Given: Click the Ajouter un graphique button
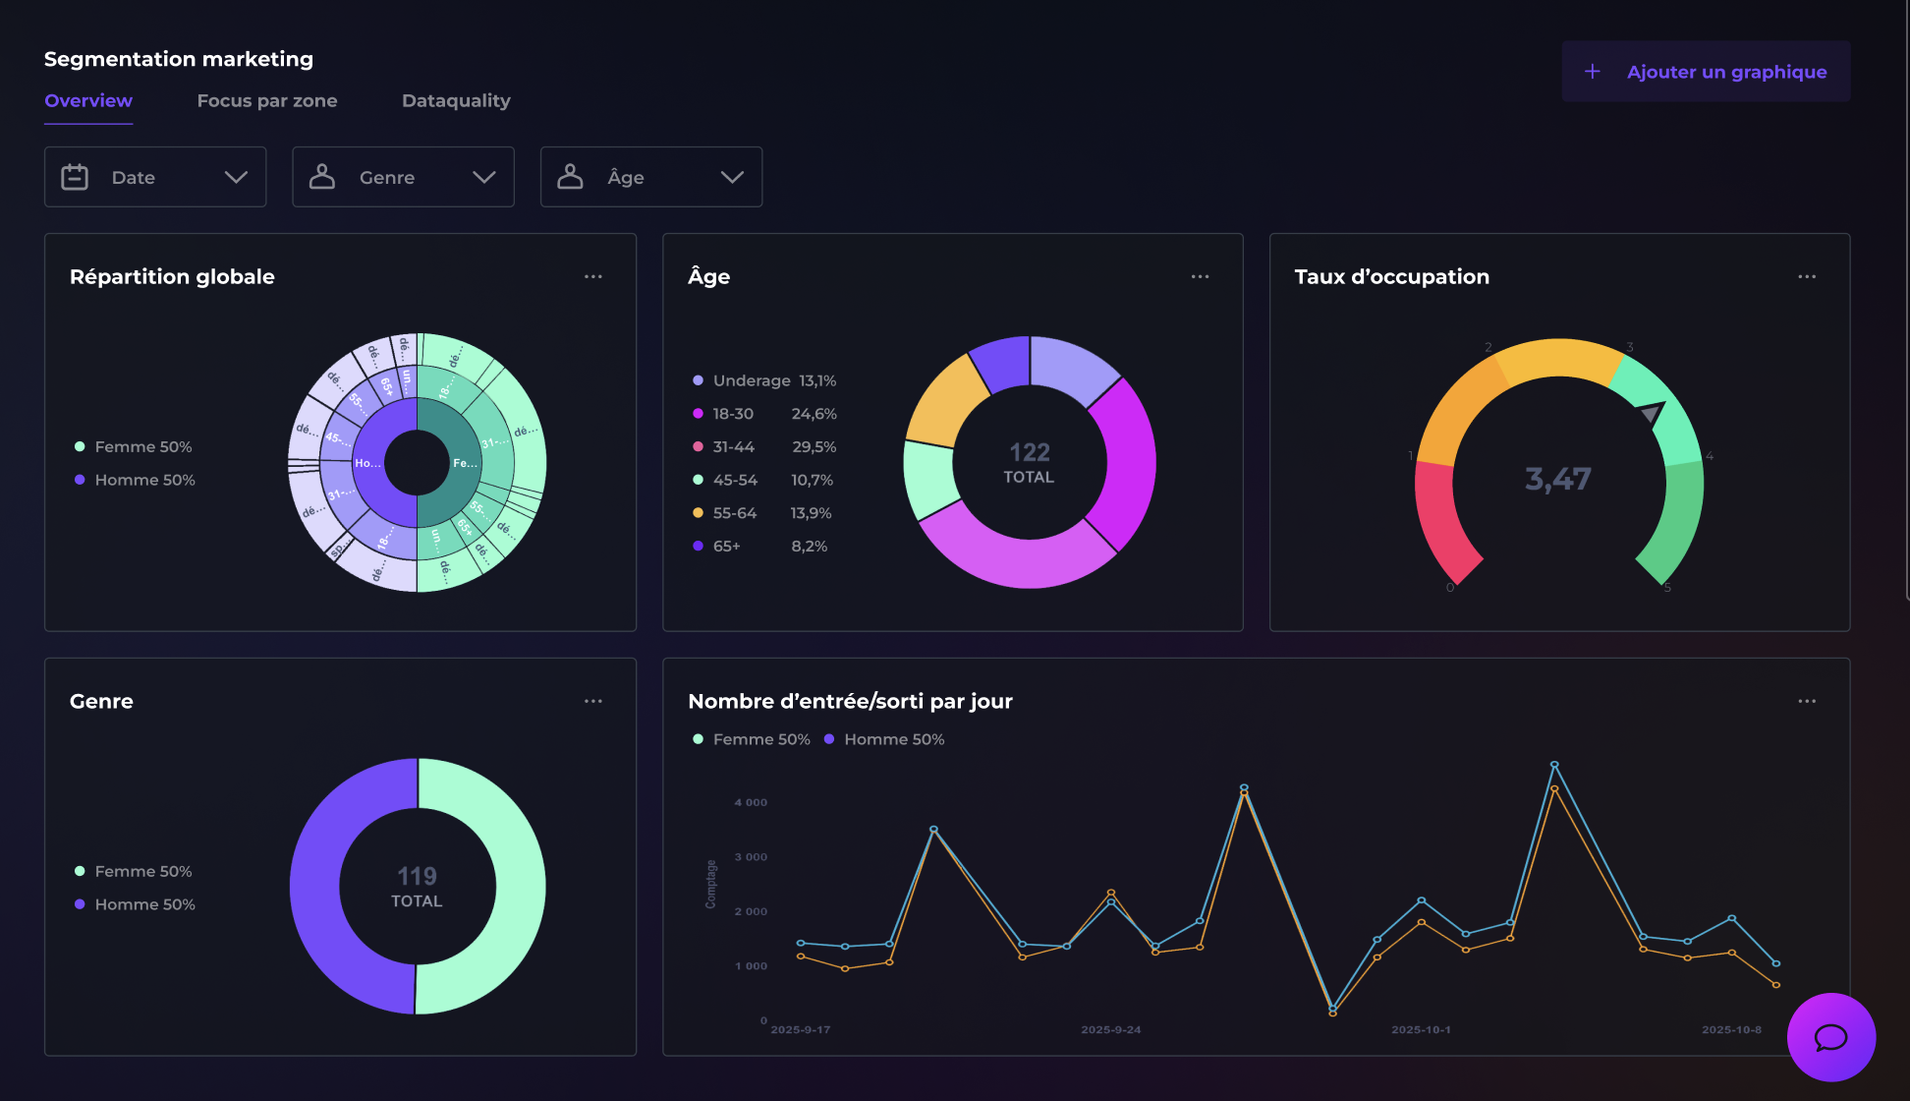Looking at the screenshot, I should [1706, 72].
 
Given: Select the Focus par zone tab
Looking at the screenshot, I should [266, 100].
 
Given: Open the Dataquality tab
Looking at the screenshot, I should [456, 100].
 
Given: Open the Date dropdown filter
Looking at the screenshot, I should [155, 177].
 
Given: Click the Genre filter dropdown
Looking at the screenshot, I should [403, 177].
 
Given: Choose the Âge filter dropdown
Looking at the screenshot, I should [650, 177].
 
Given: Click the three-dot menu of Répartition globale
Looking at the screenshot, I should [593, 277].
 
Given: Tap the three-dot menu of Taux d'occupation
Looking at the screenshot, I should [1806, 277].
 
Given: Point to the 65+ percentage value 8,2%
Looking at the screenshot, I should [809, 546].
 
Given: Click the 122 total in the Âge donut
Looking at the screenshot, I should [1029, 452].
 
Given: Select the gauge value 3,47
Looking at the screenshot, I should [1557, 479].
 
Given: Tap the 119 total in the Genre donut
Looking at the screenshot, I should [417, 876].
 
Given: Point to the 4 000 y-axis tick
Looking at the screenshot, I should [751, 802].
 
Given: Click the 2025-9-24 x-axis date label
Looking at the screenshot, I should [1110, 1029].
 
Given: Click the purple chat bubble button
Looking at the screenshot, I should [1830, 1037].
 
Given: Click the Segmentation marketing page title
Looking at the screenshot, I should [179, 59].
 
